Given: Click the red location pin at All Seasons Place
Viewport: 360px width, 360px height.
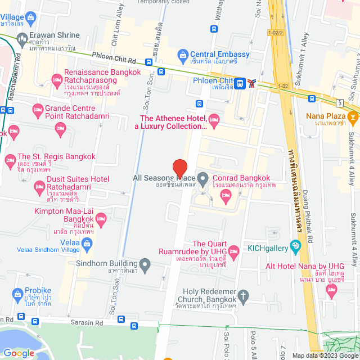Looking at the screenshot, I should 179,168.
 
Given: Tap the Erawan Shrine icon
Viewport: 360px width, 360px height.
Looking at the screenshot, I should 22,39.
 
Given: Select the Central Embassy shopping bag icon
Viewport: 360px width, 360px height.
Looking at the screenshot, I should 183,55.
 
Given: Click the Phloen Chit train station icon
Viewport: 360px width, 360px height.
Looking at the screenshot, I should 240,83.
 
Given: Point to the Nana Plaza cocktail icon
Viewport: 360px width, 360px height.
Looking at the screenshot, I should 353,116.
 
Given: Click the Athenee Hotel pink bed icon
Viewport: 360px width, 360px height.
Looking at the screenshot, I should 214,119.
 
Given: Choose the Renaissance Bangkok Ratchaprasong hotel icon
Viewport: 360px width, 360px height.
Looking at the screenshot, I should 57,79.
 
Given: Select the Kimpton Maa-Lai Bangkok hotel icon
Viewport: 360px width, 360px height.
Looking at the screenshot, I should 101,218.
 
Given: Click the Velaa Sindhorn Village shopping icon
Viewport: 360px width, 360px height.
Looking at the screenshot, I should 87,244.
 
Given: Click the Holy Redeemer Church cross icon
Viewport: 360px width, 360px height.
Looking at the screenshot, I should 243,295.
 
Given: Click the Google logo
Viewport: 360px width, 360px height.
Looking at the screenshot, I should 19,353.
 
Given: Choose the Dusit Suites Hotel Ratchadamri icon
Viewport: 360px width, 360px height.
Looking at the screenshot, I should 39,186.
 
